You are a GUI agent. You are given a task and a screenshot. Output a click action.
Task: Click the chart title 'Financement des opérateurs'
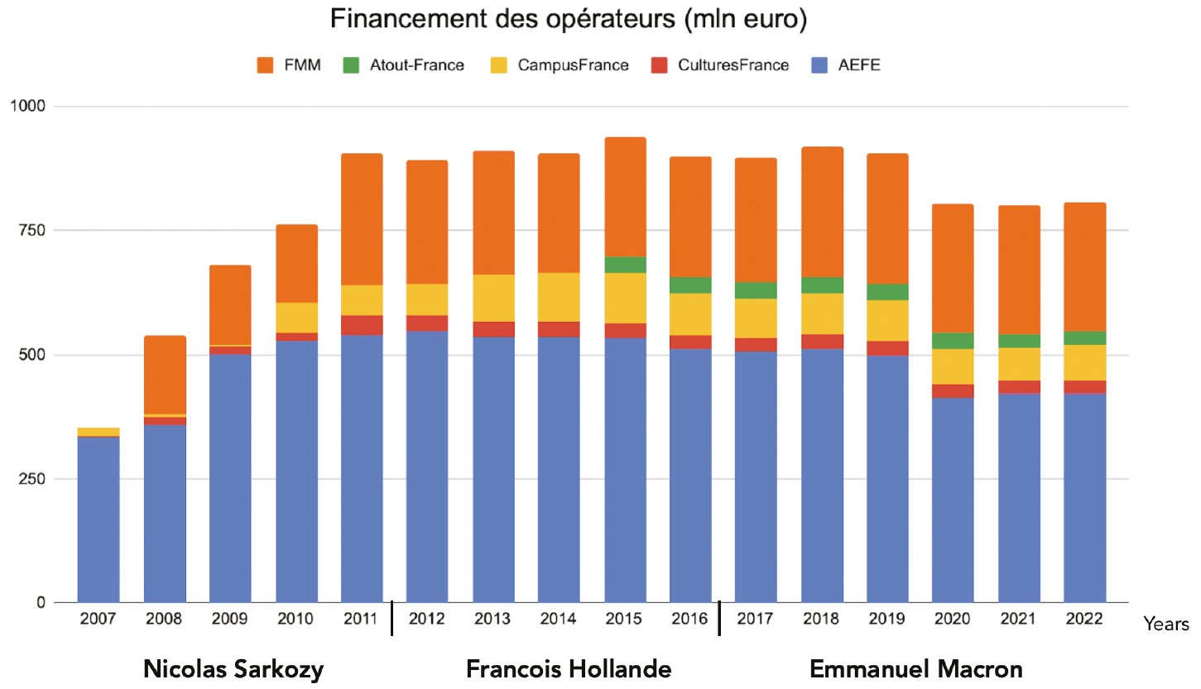(568, 20)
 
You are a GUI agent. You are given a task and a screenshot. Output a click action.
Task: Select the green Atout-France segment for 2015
(625, 265)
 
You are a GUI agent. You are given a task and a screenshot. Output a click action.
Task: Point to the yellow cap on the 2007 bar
(98, 432)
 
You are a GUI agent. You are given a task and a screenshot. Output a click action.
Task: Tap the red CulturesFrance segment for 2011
(362, 325)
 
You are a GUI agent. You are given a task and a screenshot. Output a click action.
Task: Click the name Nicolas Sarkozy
(233, 669)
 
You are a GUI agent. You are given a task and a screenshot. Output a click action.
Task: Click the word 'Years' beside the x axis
(1167, 624)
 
